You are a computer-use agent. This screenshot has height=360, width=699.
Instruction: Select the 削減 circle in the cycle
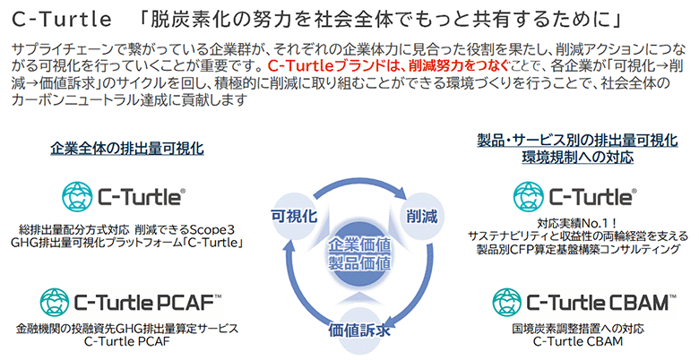click(419, 215)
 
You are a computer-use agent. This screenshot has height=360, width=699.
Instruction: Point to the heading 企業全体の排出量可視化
click(127, 147)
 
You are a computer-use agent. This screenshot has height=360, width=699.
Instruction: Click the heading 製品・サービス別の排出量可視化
click(577, 140)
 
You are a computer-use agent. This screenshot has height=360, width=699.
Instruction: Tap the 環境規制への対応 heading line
click(577, 157)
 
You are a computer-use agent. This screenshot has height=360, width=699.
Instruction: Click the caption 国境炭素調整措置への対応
click(578, 328)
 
